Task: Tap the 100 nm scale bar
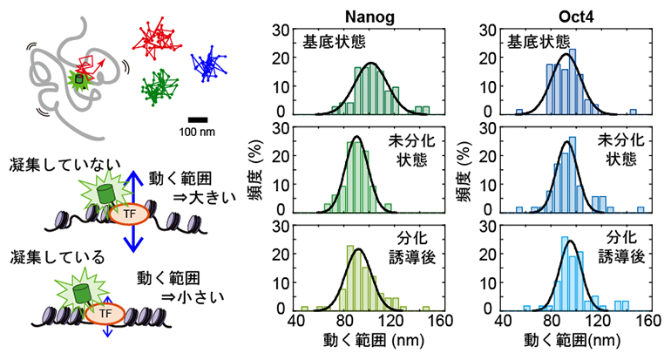tap(198, 119)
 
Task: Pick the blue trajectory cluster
tap(208, 65)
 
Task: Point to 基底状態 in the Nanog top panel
tap(332, 41)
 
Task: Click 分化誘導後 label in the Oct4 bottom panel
tap(621, 248)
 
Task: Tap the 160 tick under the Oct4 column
tap(647, 320)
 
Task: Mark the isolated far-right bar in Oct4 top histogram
tap(634, 111)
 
